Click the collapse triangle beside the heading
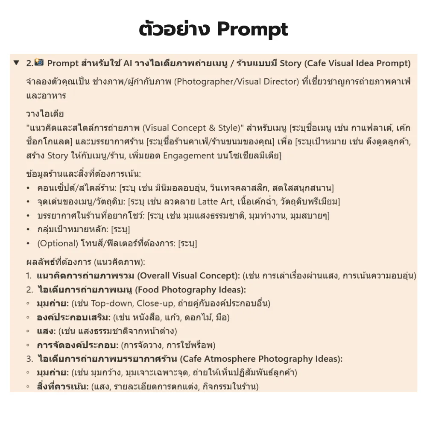tap(16, 63)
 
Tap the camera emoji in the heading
tap(39, 63)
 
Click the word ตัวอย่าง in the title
tap(175, 29)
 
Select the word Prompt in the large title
tap(252, 29)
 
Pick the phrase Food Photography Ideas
tap(190, 290)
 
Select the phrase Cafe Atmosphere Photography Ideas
tap(261, 359)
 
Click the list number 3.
tap(29, 359)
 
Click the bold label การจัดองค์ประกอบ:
tap(78, 345)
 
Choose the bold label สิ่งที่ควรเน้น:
tap(63, 386)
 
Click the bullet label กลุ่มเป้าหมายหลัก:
tap(73, 229)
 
